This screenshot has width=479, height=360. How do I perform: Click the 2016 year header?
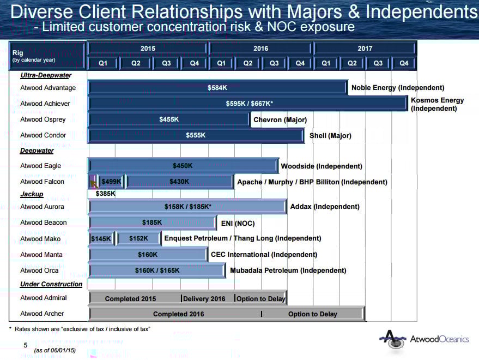pyautogui.click(x=260, y=49)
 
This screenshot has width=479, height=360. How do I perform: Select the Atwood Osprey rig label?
pyautogui.click(x=43, y=119)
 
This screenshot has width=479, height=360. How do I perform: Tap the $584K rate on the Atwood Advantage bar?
pyautogui.click(x=217, y=88)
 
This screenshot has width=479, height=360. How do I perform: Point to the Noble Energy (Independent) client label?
pyautogui.click(x=398, y=88)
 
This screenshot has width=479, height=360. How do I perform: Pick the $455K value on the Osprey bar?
pyautogui.click(x=169, y=119)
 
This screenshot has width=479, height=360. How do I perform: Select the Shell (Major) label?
pyautogui.click(x=330, y=135)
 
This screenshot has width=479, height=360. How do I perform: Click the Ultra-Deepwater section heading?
pyautogui.click(x=46, y=75)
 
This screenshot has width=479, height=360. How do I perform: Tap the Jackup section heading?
pyautogui.click(x=32, y=194)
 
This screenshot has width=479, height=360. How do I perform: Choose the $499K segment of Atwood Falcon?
pyautogui.click(x=111, y=182)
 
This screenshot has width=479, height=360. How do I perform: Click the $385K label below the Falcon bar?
pyautogui.click(x=105, y=194)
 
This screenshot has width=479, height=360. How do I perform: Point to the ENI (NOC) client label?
pyautogui.click(x=238, y=223)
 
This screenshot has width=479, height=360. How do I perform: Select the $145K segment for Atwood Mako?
pyautogui.click(x=101, y=238)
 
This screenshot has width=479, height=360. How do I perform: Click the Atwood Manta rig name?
pyautogui.click(x=41, y=254)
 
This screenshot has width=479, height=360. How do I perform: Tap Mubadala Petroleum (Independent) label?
pyautogui.click(x=288, y=270)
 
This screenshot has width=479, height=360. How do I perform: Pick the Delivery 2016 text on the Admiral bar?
pyautogui.click(x=204, y=298)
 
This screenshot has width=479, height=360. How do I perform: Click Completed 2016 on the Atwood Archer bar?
pyautogui.click(x=178, y=314)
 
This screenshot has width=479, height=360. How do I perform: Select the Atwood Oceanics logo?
pyautogui.click(x=424, y=339)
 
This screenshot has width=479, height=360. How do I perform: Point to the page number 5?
pyautogui.click(x=25, y=345)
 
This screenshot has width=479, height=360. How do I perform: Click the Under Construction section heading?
pyautogui.click(x=51, y=284)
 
